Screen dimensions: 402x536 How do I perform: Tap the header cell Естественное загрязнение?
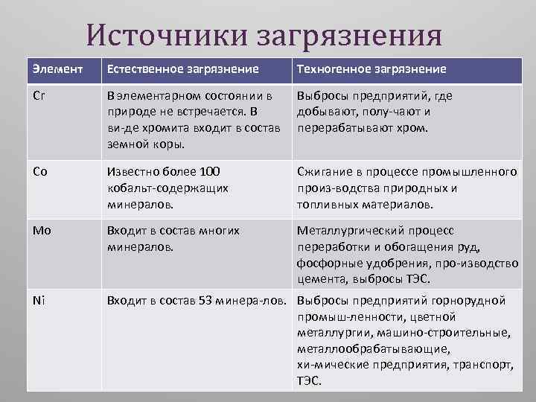(183, 69)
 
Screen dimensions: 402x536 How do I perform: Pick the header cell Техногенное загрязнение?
(371, 69)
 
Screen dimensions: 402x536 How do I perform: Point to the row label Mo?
(42, 231)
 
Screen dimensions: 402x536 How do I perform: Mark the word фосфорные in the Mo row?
(327, 264)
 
